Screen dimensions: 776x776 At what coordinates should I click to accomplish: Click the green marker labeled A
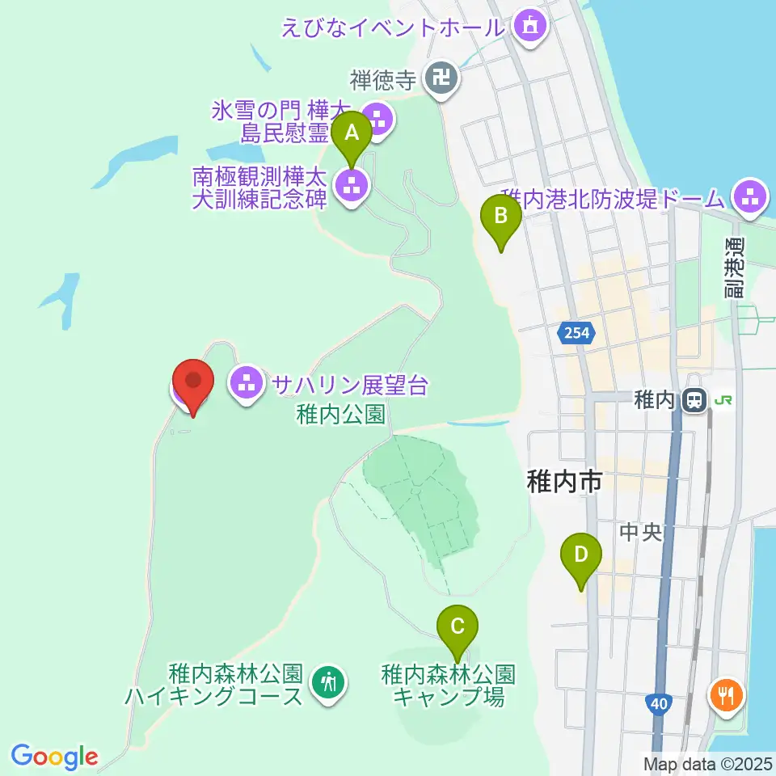352,133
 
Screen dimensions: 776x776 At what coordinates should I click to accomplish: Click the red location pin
194,384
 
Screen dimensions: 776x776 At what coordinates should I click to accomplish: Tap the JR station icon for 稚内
693,399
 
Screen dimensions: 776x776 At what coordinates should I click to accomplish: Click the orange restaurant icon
725,695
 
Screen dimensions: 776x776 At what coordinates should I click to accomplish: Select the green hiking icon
327,684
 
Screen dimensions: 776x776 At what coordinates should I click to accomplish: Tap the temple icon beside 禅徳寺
441,79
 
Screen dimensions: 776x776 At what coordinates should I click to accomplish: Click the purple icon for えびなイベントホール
529,26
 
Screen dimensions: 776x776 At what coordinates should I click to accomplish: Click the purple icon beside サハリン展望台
247,383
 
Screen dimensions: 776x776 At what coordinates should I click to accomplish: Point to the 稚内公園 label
339,415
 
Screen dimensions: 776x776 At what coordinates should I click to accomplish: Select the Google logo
55,757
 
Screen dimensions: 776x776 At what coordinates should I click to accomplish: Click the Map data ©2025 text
707,763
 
